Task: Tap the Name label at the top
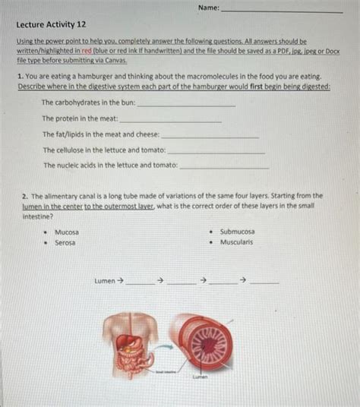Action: [x=207, y=8]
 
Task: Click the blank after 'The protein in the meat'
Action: [x=171, y=120]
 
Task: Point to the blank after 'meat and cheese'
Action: [x=210, y=135]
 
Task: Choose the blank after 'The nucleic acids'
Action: [x=224, y=166]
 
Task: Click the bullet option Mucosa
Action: [x=66, y=232]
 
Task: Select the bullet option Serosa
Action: [x=65, y=243]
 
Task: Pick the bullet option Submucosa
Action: [x=237, y=232]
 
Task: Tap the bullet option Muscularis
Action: [x=236, y=242]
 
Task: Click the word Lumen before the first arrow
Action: [x=104, y=281]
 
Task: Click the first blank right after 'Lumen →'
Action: [x=138, y=282]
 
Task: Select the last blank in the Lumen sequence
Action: [x=264, y=282]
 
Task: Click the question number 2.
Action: [x=24, y=195]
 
